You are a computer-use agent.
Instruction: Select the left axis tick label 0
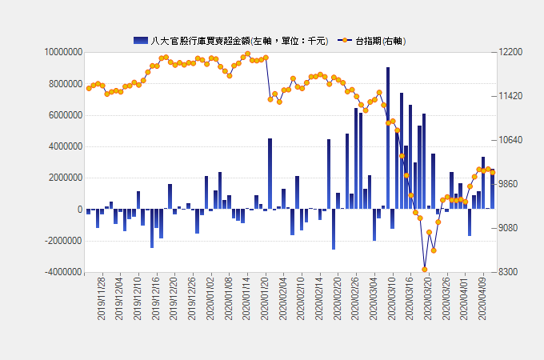79,210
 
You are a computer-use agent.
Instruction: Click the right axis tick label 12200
510,52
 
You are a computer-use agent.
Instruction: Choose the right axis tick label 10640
510,140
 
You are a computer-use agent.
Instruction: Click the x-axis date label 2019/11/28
102,299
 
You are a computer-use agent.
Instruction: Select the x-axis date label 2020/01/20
266,299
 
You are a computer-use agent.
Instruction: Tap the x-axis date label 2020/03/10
392,299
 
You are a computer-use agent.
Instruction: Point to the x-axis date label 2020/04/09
482,299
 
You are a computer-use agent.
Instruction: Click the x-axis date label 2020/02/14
319,299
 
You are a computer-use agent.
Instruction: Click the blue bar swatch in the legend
141,40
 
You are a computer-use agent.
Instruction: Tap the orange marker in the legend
345,40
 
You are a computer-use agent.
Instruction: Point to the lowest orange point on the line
425,270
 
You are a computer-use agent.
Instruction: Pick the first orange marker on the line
89,88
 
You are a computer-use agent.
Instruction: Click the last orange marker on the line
493,172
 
